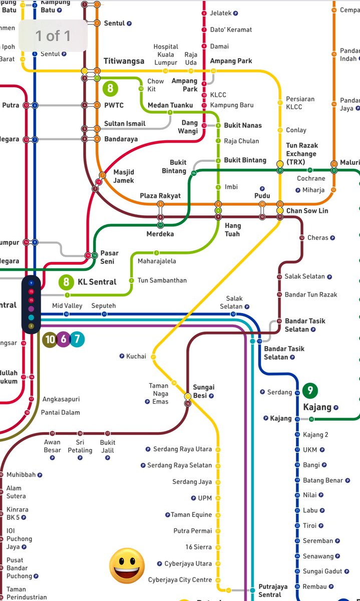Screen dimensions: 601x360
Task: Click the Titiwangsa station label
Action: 124,61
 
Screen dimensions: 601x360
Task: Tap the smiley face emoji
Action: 127,565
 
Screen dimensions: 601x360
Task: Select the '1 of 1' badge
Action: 53,36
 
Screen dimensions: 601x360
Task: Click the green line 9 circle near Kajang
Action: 310,391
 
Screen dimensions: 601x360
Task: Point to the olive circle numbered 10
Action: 50,339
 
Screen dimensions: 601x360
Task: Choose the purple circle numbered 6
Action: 64,339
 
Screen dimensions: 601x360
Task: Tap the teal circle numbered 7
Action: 77,339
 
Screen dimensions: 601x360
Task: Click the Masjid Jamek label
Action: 124,176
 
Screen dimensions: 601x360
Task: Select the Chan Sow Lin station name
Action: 307,211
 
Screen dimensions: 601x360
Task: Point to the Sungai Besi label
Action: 204,391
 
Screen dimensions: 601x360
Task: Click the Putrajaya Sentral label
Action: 273,590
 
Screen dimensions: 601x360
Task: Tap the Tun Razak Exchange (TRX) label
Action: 301,154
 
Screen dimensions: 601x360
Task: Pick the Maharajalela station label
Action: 157,261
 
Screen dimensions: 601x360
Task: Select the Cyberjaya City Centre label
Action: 180,580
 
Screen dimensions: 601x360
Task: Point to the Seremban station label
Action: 317,541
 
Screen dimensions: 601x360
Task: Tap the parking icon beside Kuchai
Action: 122,356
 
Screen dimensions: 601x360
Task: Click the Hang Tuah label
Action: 232,230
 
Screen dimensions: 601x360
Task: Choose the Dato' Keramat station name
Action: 231,30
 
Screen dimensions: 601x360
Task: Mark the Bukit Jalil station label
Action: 108,446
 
